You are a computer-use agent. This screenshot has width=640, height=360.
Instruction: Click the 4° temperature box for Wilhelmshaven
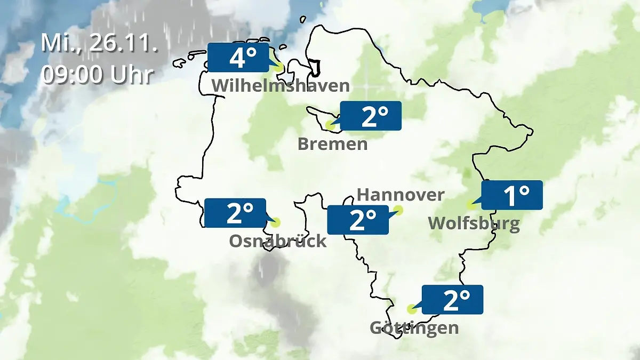pyautogui.click(x=238, y=58)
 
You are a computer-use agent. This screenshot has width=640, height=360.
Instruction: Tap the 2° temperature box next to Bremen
pyautogui.click(x=370, y=116)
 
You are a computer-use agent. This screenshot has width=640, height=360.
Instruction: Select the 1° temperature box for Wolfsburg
pyautogui.click(x=512, y=195)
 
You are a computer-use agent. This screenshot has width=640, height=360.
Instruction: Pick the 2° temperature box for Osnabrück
pyautogui.click(x=235, y=213)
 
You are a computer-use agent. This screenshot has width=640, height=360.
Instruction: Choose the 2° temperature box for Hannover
pyautogui.click(x=358, y=220)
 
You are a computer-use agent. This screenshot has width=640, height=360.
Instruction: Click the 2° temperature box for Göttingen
pyautogui.click(x=452, y=299)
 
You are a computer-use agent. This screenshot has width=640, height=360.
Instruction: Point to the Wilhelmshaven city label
pyautogui.click(x=281, y=85)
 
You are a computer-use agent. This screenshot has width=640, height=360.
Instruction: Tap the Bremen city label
pyautogui.click(x=333, y=144)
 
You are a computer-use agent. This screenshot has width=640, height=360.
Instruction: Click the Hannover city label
pyautogui.click(x=401, y=195)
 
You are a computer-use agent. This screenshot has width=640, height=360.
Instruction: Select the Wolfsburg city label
pyautogui.click(x=474, y=223)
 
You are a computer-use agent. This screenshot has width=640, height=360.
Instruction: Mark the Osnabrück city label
pyautogui.click(x=277, y=241)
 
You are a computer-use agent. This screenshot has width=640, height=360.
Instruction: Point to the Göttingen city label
pyautogui.click(x=414, y=327)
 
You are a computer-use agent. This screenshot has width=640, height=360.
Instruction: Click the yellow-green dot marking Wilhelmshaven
pyautogui.click(x=278, y=68)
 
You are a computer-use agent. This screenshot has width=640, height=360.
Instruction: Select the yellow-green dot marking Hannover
pyautogui.click(x=398, y=211)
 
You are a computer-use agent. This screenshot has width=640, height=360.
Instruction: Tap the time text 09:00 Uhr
pyautogui.click(x=98, y=75)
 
